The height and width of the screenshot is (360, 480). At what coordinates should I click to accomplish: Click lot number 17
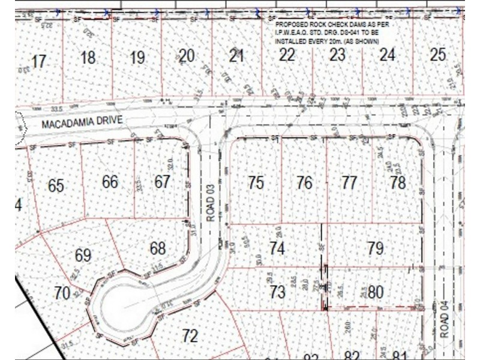point(38,61)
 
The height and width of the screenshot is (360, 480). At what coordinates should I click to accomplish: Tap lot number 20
point(187,56)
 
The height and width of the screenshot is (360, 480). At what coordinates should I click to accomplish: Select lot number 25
point(438,55)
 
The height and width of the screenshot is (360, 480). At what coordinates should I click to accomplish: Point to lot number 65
point(56,185)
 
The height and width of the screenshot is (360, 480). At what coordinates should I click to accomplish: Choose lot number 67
point(162,181)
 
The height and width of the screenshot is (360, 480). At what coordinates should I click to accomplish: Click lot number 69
point(83,255)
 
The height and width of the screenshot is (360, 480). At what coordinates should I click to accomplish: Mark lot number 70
point(62,293)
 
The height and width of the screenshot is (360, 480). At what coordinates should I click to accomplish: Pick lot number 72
point(190,336)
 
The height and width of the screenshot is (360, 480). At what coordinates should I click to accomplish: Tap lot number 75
point(256,183)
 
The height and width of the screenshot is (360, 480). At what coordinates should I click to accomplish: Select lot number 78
point(398,183)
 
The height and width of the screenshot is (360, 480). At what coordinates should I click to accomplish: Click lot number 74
point(277,248)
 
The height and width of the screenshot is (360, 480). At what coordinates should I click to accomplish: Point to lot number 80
point(376,293)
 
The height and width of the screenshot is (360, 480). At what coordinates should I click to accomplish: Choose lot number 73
point(277,293)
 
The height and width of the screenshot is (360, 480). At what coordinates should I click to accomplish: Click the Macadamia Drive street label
point(82,122)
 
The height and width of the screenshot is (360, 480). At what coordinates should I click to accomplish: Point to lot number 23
point(338,55)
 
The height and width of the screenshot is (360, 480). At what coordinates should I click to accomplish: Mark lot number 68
point(158,247)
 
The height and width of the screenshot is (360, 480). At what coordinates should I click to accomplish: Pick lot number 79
point(376,248)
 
